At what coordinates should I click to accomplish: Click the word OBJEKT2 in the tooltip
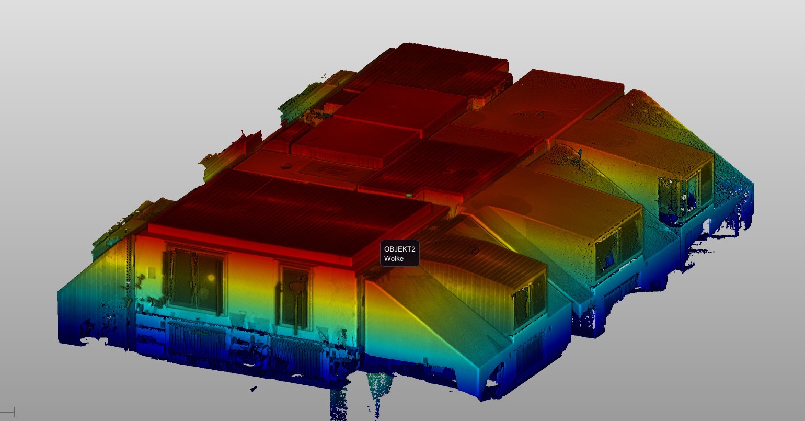point(399,249)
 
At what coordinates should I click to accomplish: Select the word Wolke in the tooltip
point(394,258)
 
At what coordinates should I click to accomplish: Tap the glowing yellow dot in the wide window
point(210,277)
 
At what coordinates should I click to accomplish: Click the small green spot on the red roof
point(409,196)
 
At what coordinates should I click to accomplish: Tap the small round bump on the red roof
point(286,166)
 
